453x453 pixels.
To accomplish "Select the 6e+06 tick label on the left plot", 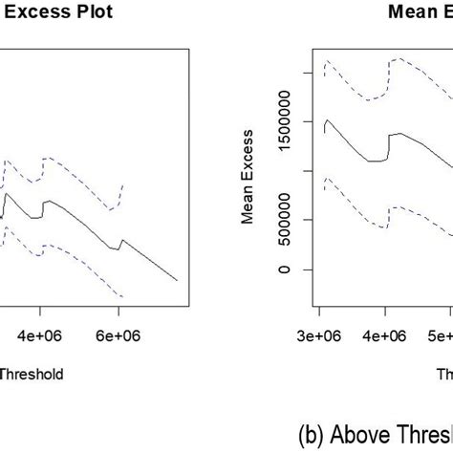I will pyautogui.click(x=119, y=337).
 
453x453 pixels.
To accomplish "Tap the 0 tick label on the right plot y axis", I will pyautogui.click(x=281, y=269).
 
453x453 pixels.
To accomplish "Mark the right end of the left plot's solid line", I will pyautogui.click(x=178, y=280).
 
